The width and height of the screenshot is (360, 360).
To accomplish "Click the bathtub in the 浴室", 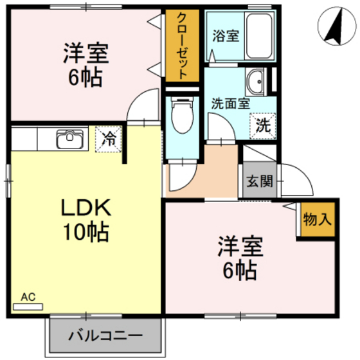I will (260, 36).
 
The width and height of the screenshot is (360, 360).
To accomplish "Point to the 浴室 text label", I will (226, 36).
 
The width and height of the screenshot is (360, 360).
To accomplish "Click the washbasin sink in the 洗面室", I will (255, 81).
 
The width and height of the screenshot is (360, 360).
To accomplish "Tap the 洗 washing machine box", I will (264, 125).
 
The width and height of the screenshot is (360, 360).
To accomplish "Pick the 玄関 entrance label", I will (258, 180).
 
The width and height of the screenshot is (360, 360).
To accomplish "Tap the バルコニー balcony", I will (105, 336).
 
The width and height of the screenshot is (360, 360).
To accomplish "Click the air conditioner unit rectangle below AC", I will (29, 307).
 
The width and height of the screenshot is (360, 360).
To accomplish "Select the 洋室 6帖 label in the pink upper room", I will (85, 64).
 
